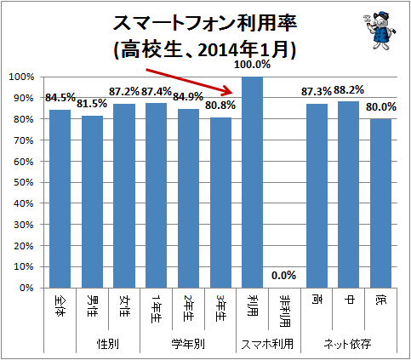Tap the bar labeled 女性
(124, 196)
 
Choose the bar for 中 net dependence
(349, 195)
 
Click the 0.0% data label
(284, 275)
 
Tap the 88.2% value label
(349, 89)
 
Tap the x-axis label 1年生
(157, 306)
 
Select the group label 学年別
(188, 344)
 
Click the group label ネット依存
(349, 344)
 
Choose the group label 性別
(108, 344)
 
